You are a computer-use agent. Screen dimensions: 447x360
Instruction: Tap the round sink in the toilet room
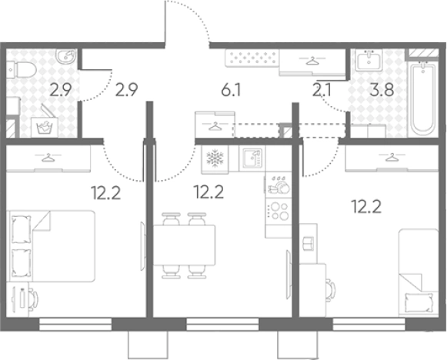[66, 56]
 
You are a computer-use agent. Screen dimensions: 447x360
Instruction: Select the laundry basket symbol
[45, 127]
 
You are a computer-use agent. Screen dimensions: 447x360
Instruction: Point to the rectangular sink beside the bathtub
[369, 60]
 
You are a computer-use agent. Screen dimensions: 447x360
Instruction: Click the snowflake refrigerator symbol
[215, 159]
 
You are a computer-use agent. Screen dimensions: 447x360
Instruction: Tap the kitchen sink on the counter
[252, 158]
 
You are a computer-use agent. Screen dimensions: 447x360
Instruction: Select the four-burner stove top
[279, 211]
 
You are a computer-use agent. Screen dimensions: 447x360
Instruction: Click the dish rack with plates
[279, 185]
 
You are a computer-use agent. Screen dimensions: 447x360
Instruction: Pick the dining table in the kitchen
[185, 245]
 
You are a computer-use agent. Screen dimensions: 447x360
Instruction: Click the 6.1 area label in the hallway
[232, 90]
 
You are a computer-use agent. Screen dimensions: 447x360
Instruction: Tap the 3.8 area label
[382, 90]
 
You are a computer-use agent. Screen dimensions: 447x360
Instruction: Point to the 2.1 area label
[322, 90]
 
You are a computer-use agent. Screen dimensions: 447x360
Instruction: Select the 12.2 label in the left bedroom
[105, 193]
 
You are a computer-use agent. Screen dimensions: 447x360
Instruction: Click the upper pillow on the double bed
[21, 229]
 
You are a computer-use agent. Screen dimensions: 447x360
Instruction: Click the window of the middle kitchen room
[222, 325]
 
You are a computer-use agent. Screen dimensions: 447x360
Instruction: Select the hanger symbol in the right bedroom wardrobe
[392, 157]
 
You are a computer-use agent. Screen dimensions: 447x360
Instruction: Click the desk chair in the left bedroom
[34, 298]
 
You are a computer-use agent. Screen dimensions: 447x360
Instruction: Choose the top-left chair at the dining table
[172, 218]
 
